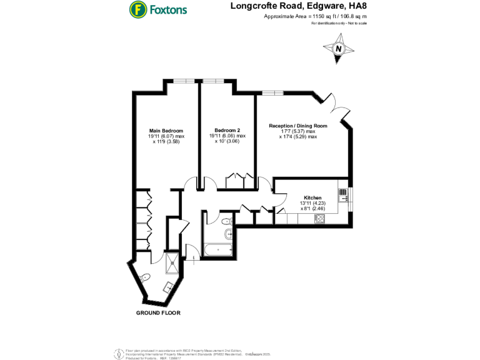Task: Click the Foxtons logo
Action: [157, 10]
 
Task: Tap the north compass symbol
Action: [338, 49]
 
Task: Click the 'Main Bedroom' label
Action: [166, 130]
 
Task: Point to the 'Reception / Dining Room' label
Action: [297, 126]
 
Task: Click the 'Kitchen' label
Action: [312, 195]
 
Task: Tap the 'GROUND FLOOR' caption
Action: [159, 312]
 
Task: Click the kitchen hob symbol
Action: [321, 218]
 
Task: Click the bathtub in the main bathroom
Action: [218, 249]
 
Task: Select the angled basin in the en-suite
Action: [167, 287]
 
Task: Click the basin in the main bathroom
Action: [229, 235]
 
